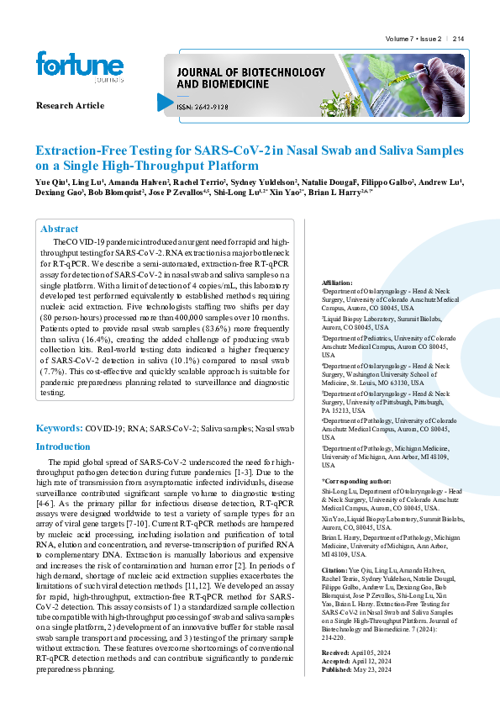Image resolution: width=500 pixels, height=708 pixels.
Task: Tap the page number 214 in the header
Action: [458, 40]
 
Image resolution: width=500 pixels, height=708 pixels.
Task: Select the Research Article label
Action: [71, 105]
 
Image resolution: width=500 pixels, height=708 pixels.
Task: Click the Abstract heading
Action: [60, 229]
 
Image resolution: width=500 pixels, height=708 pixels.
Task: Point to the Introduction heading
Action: [63, 446]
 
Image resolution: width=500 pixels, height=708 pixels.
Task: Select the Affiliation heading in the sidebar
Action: [338, 283]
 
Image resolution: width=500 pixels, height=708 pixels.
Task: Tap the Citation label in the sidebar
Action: [334, 569]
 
